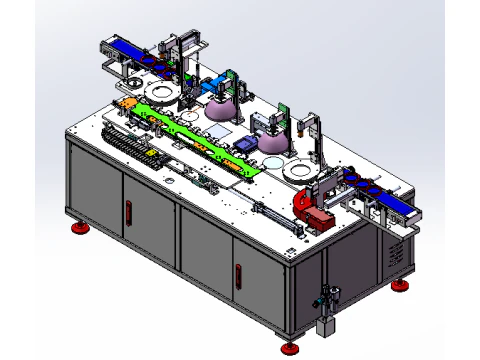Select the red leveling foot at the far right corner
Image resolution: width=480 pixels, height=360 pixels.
coord(402,287)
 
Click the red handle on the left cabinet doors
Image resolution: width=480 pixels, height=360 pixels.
coord(127,209)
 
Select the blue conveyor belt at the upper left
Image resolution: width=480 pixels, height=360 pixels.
coord(131,49)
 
